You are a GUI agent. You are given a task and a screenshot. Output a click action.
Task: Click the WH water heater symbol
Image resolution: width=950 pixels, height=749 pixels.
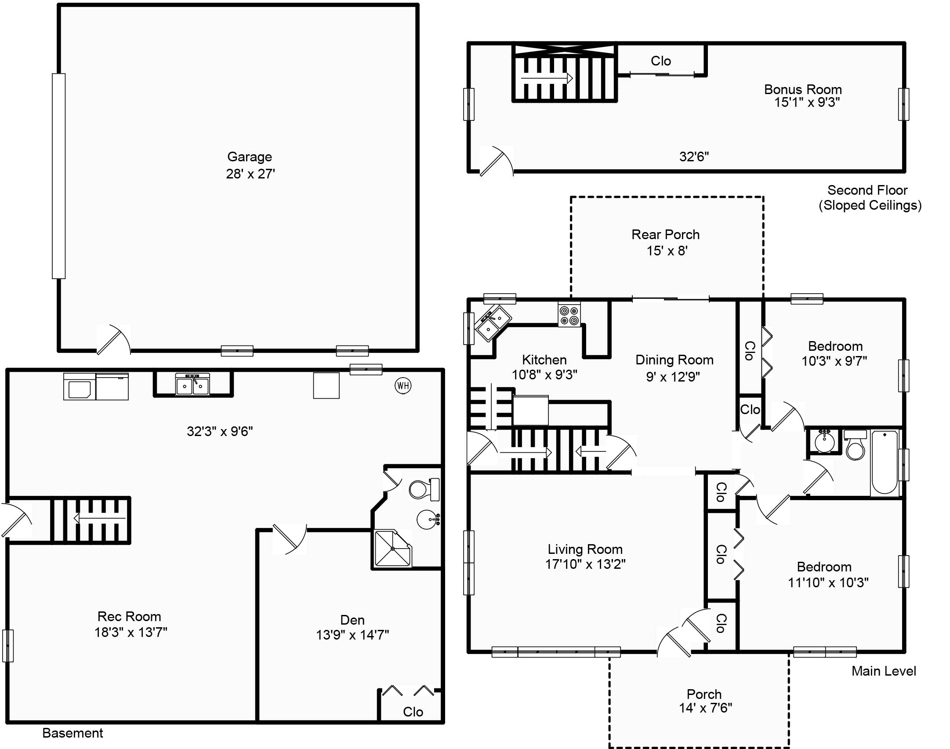click(x=403, y=386)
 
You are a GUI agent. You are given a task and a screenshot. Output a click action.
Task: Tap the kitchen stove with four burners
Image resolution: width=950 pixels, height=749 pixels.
click(x=569, y=314)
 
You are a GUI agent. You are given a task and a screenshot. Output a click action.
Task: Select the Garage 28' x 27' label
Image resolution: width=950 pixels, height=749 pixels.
click(x=250, y=165)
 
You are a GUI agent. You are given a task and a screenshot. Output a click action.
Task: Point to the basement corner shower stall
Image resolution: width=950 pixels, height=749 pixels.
click(x=392, y=549)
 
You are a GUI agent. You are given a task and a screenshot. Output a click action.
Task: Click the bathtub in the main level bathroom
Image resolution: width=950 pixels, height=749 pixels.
click(x=885, y=463)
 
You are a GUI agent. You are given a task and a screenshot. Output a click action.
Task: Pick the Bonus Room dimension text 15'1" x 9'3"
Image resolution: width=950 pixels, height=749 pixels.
click(x=807, y=102)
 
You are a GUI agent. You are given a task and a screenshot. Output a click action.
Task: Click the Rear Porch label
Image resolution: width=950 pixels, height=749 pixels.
click(x=665, y=234)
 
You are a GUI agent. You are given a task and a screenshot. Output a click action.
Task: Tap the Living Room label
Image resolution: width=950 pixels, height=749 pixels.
click(x=585, y=549)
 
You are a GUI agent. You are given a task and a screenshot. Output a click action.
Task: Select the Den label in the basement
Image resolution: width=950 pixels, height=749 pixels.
click(x=352, y=620)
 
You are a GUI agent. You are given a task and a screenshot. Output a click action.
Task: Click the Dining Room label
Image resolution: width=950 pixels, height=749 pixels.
click(x=674, y=360)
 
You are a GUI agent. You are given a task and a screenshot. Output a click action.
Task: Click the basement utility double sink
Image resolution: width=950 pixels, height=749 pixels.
click(x=192, y=384)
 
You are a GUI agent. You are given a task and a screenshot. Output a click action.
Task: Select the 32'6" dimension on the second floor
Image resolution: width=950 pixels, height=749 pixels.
click(x=694, y=156)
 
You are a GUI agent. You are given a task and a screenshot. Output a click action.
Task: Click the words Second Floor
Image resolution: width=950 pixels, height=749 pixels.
click(x=867, y=190)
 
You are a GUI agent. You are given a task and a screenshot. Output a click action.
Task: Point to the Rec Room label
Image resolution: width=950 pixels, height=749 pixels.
click(x=129, y=616)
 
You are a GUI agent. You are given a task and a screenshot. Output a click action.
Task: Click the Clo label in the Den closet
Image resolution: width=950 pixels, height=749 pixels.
click(x=413, y=712)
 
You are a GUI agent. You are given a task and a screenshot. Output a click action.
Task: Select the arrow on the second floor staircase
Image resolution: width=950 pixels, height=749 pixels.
click(x=547, y=79)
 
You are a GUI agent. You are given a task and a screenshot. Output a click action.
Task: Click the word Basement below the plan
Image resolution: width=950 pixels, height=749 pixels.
click(x=73, y=733)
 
